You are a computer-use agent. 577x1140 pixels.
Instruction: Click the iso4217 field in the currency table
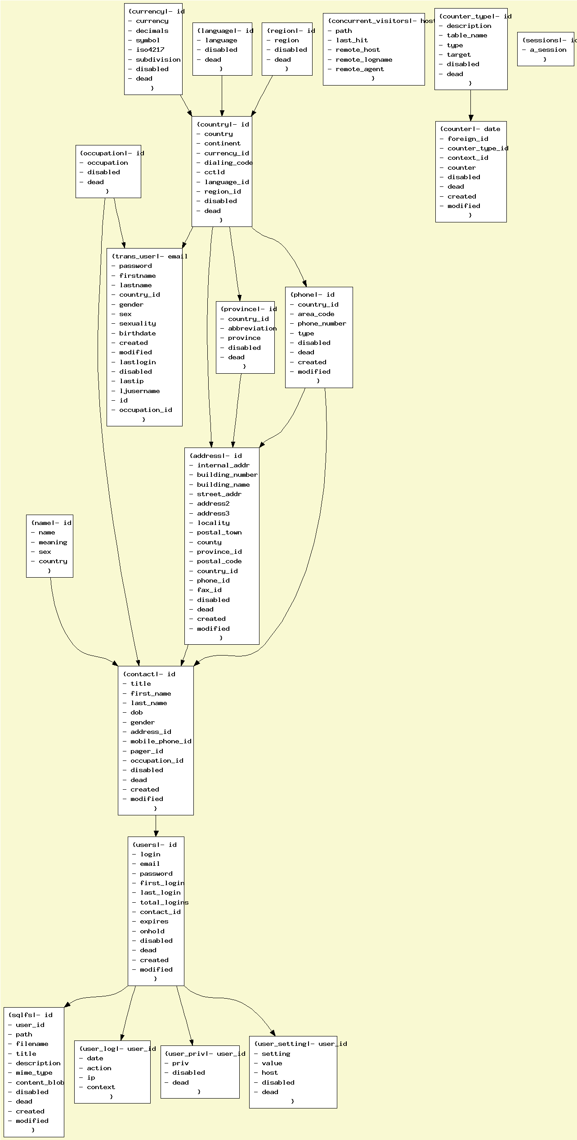(x=150, y=50)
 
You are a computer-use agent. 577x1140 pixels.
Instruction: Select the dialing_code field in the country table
(x=228, y=163)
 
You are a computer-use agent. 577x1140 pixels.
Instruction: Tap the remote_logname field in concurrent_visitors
(x=364, y=59)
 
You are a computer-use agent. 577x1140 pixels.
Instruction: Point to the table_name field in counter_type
(x=467, y=36)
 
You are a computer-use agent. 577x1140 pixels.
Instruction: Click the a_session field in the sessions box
(x=548, y=50)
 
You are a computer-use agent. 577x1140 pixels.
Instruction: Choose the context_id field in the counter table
(x=468, y=158)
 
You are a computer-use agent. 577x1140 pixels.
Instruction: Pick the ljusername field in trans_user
(x=139, y=391)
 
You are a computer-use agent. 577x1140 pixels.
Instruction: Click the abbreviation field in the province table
(x=252, y=329)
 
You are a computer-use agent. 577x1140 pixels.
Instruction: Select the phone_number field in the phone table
(x=322, y=324)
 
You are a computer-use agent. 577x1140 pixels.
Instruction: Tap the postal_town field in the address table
(x=219, y=533)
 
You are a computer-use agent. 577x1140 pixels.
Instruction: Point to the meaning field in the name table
(x=53, y=543)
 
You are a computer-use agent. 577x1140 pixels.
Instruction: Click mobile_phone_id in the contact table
(x=161, y=741)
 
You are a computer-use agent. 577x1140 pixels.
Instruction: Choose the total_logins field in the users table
(x=164, y=902)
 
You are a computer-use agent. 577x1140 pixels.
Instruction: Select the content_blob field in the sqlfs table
(x=40, y=1082)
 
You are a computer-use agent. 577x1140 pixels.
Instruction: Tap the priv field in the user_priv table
(x=180, y=1063)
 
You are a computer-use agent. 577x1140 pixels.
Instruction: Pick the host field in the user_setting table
(x=270, y=1072)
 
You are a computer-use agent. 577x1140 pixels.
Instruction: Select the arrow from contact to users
(x=156, y=826)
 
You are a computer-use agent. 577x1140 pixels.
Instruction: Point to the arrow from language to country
(x=222, y=96)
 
